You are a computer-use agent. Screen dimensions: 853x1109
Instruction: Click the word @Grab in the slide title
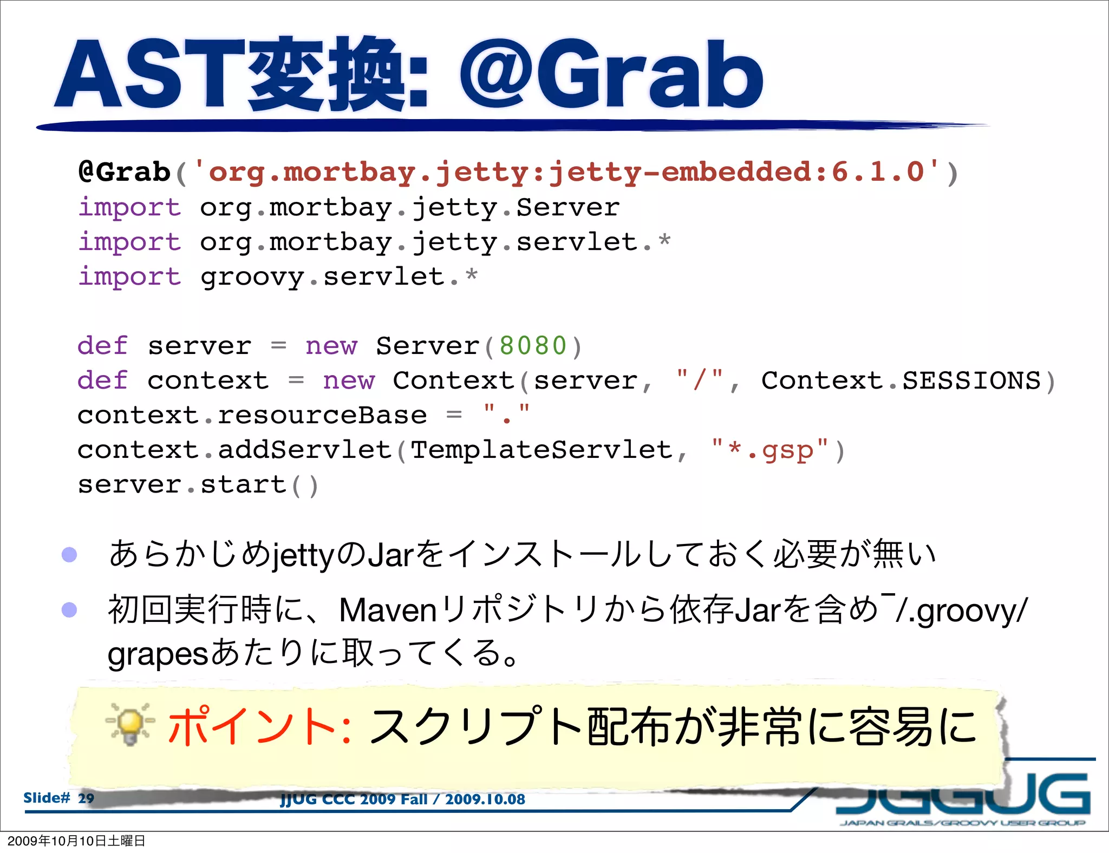coord(612,76)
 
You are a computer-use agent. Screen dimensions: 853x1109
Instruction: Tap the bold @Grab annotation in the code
coord(125,172)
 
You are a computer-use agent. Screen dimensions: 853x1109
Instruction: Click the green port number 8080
coord(533,346)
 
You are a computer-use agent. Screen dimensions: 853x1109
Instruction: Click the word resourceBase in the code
coord(322,416)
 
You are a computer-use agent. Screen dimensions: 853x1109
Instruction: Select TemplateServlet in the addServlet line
coord(542,450)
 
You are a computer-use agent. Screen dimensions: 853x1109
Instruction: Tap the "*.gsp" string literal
coord(770,450)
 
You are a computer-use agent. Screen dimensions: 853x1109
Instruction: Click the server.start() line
coord(198,485)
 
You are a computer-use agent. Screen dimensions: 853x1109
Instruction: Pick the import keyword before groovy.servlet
coord(129,277)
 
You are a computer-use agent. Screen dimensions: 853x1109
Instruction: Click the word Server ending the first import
coord(567,208)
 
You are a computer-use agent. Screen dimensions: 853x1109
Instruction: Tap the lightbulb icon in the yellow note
coord(130,724)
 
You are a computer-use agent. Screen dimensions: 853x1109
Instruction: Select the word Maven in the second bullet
coord(388,611)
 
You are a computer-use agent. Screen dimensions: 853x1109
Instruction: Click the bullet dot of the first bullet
coord(69,555)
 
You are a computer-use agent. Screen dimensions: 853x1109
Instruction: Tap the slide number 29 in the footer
coord(86,798)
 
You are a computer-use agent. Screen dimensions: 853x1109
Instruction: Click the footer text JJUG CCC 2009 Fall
coord(353,799)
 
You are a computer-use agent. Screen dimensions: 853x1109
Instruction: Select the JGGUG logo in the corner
coord(964,796)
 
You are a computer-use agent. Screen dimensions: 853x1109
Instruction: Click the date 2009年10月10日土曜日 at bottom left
coord(76,841)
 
